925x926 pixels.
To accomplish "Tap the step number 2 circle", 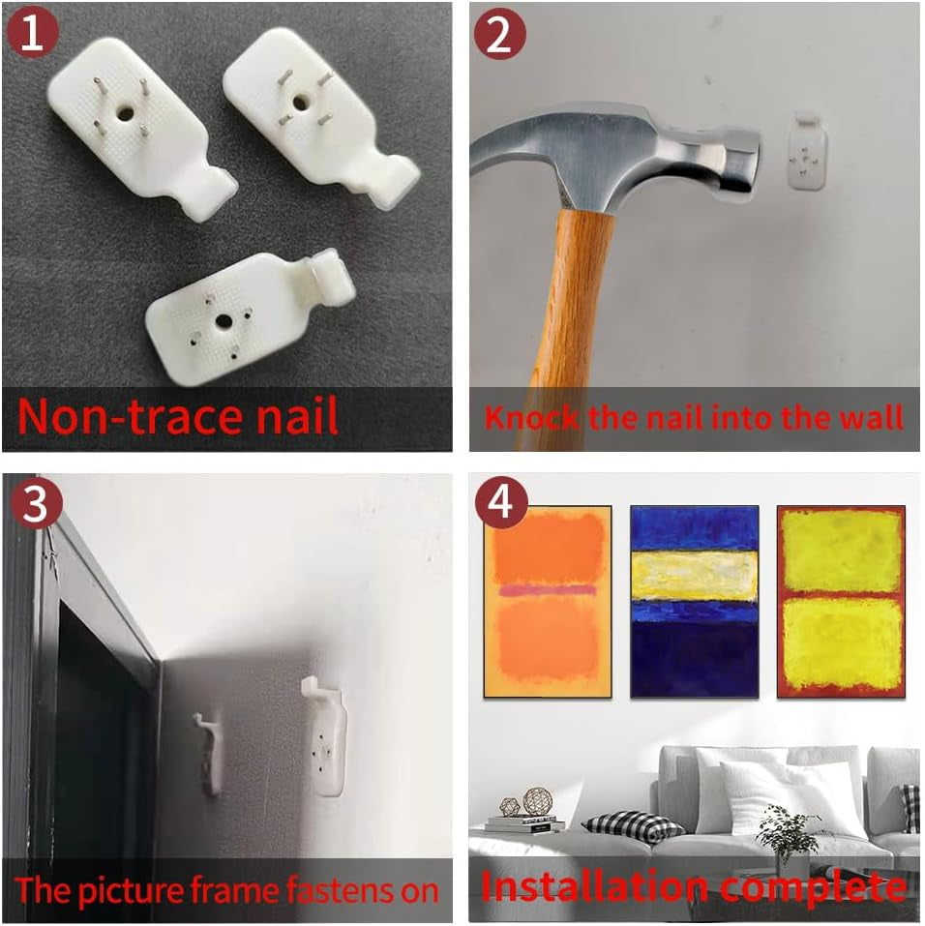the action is pyautogui.click(x=500, y=33).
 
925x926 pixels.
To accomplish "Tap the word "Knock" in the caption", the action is pyautogui.click(x=531, y=418).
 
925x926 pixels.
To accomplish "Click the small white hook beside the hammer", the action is pyautogui.click(x=807, y=151).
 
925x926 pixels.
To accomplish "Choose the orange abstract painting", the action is pyautogui.click(x=548, y=602).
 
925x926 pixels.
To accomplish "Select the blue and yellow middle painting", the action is pyautogui.click(x=694, y=602).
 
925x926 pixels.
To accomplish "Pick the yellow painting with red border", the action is pyautogui.click(x=841, y=602).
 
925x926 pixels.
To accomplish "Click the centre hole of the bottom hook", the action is pyautogui.click(x=224, y=321).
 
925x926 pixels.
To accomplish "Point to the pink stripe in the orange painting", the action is pyautogui.click(x=548, y=589).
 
